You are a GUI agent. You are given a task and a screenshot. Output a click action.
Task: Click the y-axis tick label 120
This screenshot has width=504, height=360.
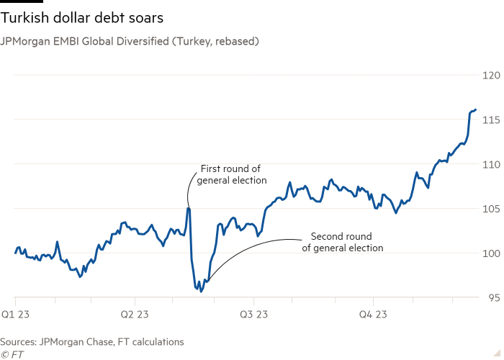tap(491, 75)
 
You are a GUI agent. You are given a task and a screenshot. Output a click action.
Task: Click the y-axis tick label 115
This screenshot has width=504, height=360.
tap(491, 120)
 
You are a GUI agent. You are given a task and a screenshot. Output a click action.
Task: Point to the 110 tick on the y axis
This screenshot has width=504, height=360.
tap(491, 164)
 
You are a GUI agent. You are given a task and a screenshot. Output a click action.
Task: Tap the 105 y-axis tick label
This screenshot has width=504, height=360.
tap(491, 209)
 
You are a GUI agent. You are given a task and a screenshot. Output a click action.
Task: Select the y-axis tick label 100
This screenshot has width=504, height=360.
tap(491, 253)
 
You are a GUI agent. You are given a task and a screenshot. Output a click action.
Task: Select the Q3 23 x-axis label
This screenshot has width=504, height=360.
tap(254, 315)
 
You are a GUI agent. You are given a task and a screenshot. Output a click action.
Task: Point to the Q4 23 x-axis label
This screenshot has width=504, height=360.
tap(374, 315)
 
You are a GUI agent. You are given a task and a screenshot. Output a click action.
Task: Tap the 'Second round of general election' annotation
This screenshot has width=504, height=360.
tap(342, 242)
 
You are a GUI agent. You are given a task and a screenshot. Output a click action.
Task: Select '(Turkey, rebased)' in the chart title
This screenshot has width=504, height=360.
tap(219, 42)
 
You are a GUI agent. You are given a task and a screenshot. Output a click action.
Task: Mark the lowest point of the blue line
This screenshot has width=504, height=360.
tap(201, 292)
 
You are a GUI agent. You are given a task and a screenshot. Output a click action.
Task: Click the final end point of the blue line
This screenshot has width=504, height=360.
tap(476, 109)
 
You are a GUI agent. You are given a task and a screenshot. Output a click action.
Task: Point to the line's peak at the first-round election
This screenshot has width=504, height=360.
tap(188, 210)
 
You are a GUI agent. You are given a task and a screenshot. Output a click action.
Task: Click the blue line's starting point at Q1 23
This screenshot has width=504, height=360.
tap(14, 253)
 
